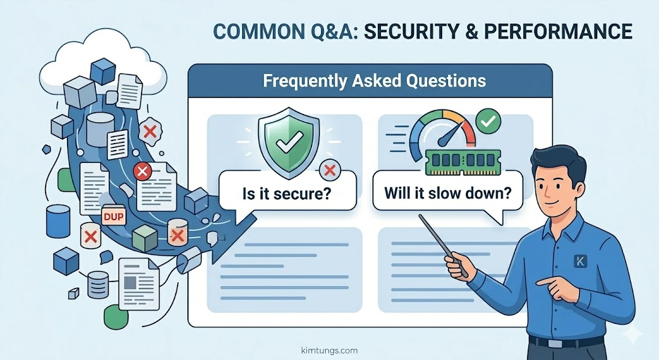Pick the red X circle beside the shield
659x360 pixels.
[329, 170]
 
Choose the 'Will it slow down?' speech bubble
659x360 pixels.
[444, 193]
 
